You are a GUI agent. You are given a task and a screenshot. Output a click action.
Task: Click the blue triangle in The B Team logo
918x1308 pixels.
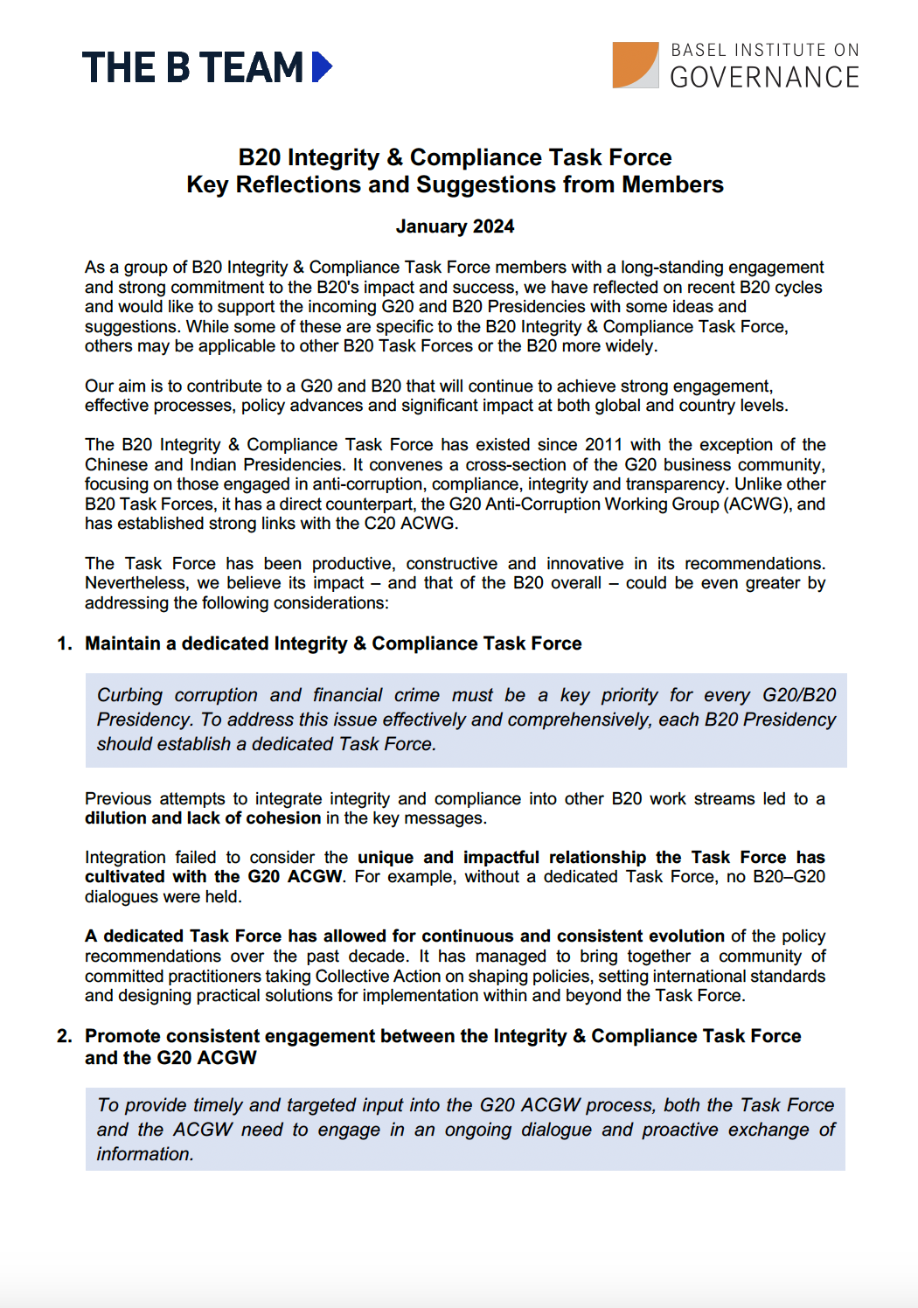pos(322,67)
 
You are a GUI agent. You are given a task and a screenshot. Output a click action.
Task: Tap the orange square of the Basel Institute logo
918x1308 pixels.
pos(634,64)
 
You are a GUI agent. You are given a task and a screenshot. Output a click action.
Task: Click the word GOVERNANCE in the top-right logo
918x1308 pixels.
pos(764,78)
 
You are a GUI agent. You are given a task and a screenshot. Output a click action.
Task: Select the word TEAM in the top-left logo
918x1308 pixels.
pos(251,68)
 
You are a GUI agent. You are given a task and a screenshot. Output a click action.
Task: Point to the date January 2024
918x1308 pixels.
pos(455,226)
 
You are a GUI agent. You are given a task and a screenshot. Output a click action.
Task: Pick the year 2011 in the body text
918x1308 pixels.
pos(603,445)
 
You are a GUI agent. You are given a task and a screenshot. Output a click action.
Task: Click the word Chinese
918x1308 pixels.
pos(116,465)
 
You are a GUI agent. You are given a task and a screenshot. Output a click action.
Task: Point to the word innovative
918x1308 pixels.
pos(585,564)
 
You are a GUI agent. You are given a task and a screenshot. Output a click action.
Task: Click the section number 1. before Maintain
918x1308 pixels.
pos(65,644)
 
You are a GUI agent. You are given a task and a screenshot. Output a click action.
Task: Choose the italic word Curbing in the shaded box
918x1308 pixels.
pos(129,695)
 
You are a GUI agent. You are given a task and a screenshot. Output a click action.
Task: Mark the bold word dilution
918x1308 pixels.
pos(115,818)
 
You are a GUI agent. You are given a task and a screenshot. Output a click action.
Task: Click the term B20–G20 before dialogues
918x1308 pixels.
pos(789,877)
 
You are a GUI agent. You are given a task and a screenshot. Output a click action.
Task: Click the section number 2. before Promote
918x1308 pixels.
pos(65,1037)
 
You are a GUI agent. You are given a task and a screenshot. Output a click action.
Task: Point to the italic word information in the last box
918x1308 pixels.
pos(144,1155)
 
